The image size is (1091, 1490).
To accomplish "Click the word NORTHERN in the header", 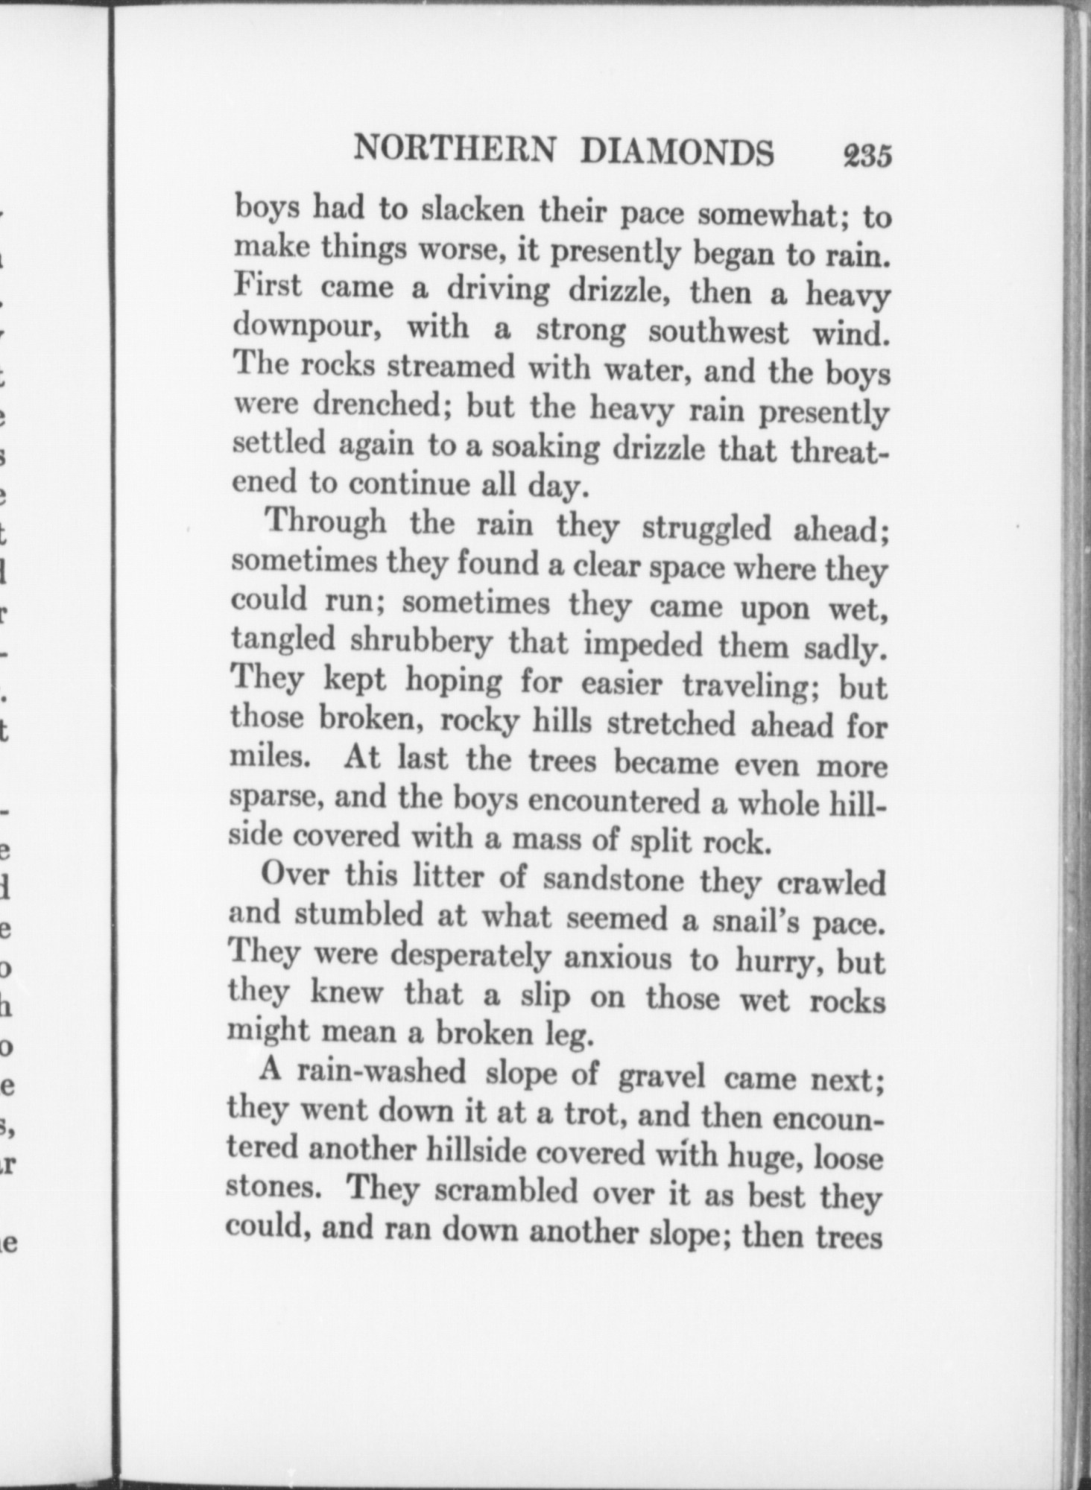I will (x=455, y=150).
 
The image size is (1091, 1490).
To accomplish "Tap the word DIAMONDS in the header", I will (x=677, y=153).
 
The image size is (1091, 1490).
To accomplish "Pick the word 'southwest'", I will (x=718, y=331).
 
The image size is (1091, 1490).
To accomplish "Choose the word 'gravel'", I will (x=661, y=1075).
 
